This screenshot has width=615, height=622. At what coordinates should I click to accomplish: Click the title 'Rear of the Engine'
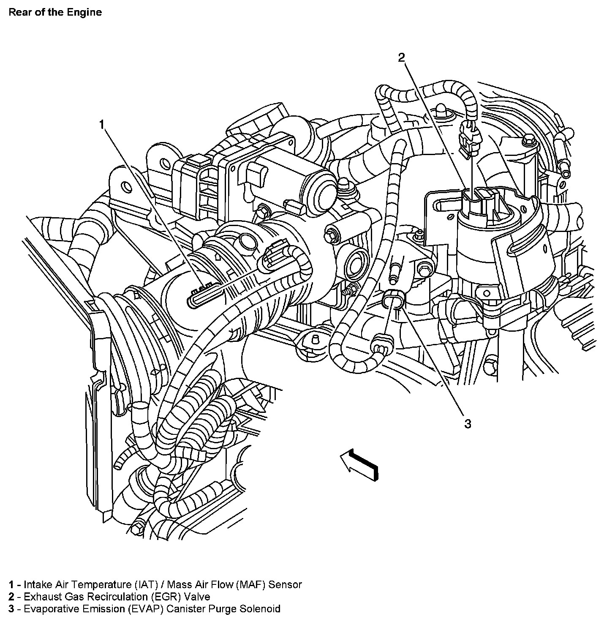coord(55,12)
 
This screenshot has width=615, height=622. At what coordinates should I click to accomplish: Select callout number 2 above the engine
coord(402,57)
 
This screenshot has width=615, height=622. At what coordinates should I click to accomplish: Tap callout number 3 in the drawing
coord(468,424)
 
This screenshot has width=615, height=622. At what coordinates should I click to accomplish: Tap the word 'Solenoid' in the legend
coord(260,609)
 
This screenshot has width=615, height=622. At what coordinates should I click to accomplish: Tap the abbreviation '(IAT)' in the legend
coord(150,585)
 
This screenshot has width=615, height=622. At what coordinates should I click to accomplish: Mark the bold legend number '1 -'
coord(14,585)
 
